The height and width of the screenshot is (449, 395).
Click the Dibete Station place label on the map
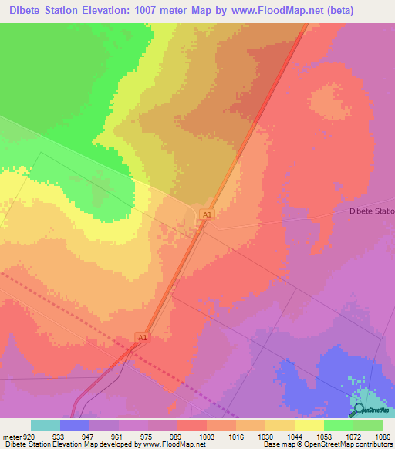(x=371, y=211)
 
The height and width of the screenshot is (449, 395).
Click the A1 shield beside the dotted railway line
(x=141, y=338)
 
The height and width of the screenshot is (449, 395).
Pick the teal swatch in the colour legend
(x=46, y=425)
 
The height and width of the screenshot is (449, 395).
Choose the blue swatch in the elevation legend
(x=75, y=425)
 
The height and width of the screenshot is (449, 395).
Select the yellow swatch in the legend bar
(x=309, y=425)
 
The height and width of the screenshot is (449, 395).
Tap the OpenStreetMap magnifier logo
(x=357, y=408)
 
